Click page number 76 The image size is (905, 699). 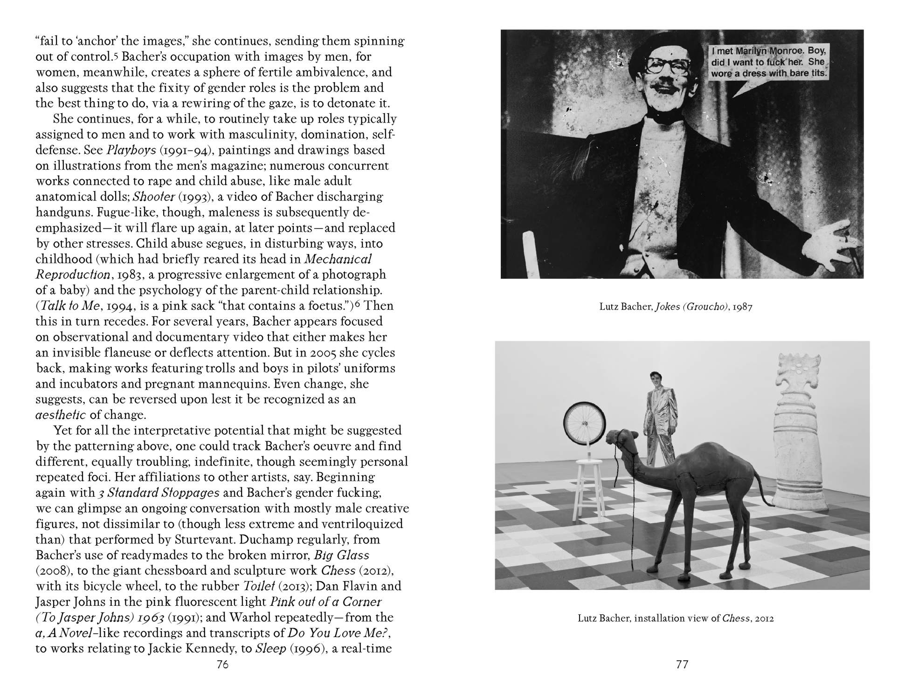[222, 665]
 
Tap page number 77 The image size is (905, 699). [682, 665]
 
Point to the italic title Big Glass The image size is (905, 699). [342, 555]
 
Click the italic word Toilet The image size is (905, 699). [260, 586]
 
